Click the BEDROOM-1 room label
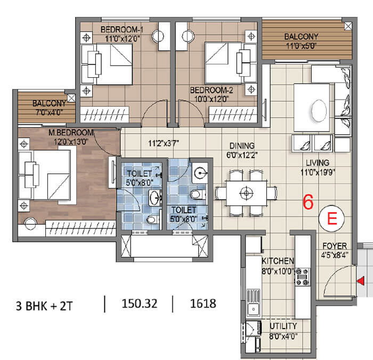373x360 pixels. tap(122, 30)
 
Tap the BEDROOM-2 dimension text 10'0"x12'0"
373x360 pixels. tap(212, 99)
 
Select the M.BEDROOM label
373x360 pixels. tap(71, 133)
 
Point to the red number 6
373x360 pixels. tap(308, 202)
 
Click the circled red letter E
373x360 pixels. tap(332, 218)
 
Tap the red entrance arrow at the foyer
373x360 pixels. tap(361, 281)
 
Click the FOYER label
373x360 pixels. tap(335, 246)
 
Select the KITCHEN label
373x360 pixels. tap(278, 261)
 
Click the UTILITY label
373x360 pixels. tap(283, 326)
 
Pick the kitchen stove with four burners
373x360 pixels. tap(303, 277)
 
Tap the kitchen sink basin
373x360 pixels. tap(254, 309)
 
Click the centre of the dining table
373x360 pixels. tap(246, 193)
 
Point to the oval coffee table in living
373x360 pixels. tap(319, 111)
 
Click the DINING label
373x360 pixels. tap(242, 146)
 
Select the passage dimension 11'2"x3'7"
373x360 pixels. tap(164, 143)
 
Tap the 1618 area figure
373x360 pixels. tap(203, 304)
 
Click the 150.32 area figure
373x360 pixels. tap(140, 304)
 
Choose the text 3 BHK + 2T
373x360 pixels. tap(44, 306)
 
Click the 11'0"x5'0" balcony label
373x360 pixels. tap(301, 46)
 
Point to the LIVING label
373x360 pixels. tap(318, 163)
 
